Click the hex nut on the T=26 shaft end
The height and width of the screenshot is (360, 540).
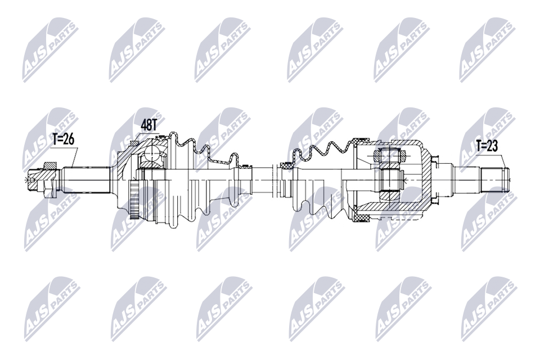48,179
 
